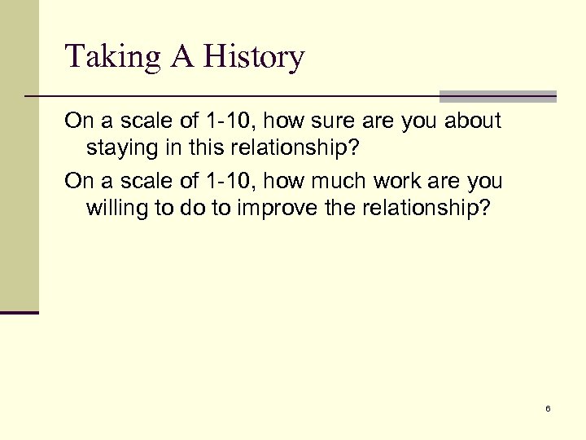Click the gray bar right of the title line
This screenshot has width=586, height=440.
coord(498,96)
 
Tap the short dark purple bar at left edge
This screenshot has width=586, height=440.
coord(20,312)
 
